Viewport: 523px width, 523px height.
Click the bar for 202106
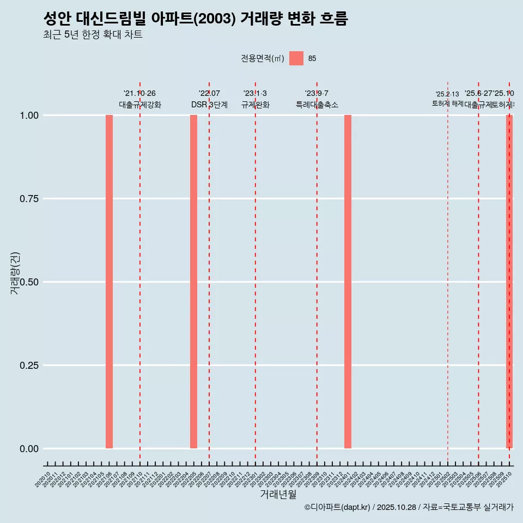click(x=109, y=282)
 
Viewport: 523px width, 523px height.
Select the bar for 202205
click(x=193, y=282)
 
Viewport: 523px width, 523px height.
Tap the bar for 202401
click(x=348, y=282)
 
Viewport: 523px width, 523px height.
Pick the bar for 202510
click(x=509, y=282)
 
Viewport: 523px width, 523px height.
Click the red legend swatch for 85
click(x=296, y=58)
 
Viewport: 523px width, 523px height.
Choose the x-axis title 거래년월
click(x=278, y=495)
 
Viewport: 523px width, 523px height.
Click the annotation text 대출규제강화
click(x=140, y=105)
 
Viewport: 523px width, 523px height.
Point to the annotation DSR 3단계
click(x=209, y=105)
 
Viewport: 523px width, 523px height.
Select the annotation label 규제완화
click(x=255, y=105)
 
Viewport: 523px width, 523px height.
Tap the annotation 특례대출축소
click(x=317, y=105)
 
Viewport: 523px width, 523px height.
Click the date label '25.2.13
click(x=447, y=94)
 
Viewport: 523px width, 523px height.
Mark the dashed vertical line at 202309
click(x=317, y=272)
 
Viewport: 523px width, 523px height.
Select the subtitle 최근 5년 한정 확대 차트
click(x=93, y=35)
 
